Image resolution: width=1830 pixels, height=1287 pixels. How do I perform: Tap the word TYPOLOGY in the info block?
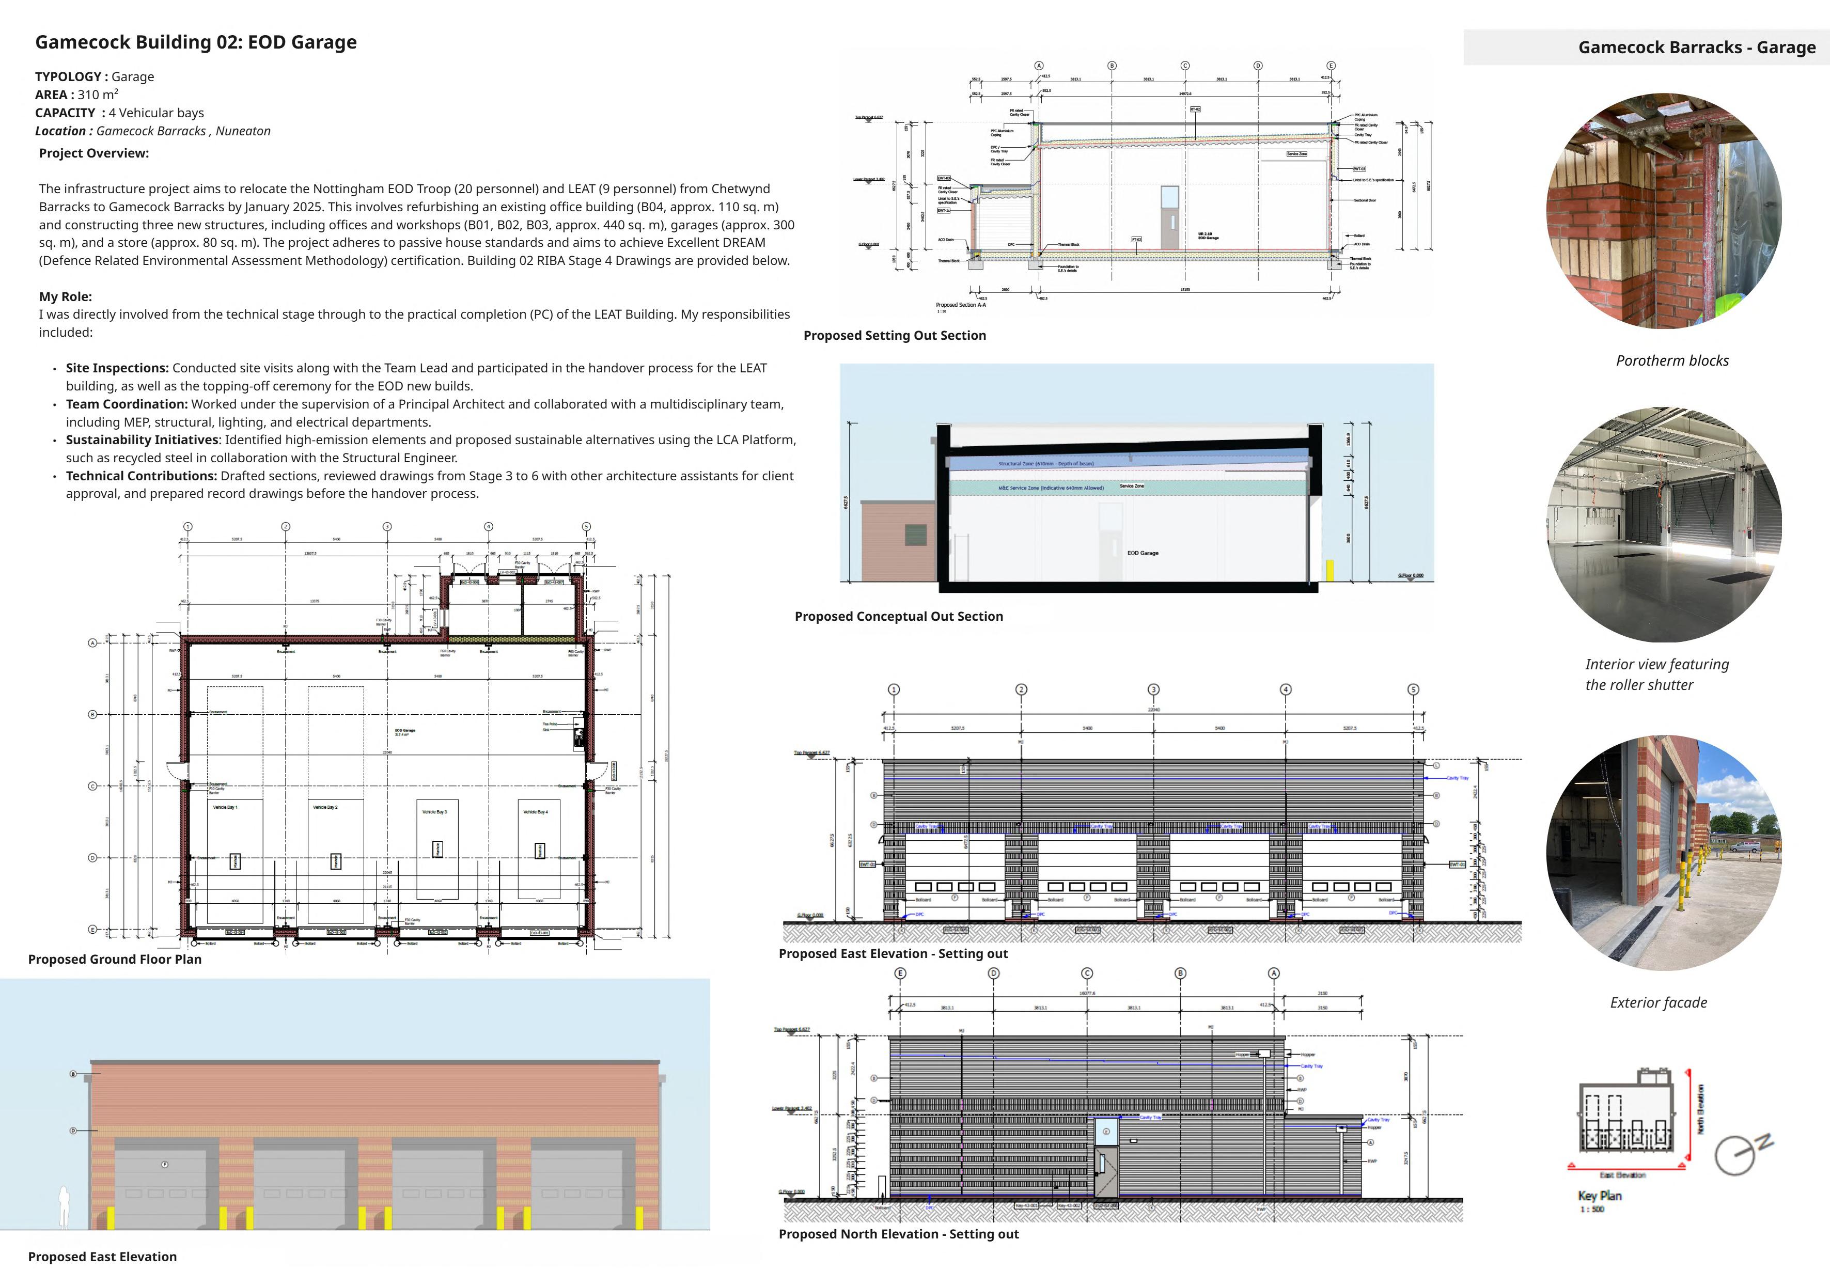[x=68, y=76]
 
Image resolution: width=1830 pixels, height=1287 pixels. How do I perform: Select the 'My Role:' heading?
[x=66, y=296]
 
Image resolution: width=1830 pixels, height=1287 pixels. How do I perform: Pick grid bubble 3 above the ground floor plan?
[x=387, y=527]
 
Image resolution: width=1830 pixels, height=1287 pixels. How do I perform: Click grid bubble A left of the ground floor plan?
[x=92, y=643]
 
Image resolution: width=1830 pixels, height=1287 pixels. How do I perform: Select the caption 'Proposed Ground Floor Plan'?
[x=115, y=960]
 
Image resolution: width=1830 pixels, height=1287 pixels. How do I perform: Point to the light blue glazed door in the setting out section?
[x=1169, y=198]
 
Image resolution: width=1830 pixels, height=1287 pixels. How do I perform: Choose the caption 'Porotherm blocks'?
[x=1672, y=361]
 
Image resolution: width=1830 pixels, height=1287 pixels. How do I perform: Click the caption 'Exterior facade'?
[x=1658, y=1002]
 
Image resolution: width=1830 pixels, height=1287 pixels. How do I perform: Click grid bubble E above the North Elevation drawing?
[x=901, y=973]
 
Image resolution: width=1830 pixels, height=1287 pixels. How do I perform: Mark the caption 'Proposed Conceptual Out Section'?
[x=898, y=616]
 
